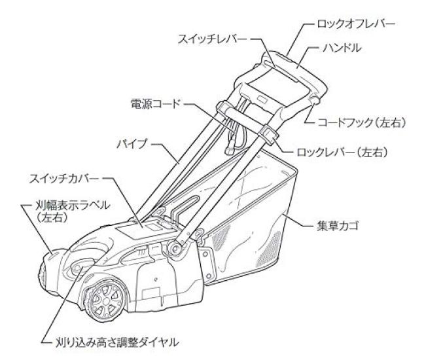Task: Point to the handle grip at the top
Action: tap(301, 65)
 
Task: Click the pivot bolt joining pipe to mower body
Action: tap(177, 246)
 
